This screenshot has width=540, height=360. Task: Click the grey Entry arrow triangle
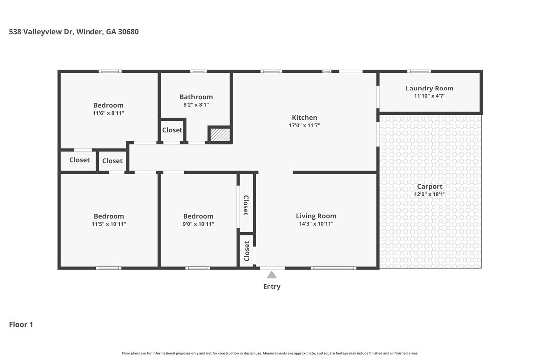pyautogui.click(x=271, y=275)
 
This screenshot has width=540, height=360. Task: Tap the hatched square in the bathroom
pyautogui.click(x=220, y=135)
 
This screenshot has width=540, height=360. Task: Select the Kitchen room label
pyautogui.click(x=304, y=118)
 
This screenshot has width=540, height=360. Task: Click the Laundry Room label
pyautogui.click(x=430, y=88)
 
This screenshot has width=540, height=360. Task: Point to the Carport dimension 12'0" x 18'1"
pyautogui.click(x=430, y=194)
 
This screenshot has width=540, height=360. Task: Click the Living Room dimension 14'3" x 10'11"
pyautogui.click(x=316, y=224)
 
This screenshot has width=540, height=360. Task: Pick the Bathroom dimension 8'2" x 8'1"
pyautogui.click(x=196, y=105)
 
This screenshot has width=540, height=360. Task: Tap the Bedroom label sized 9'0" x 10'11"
pyautogui.click(x=198, y=216)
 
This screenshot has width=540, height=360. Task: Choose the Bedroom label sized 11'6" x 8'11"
pyautogui.click(x=108, y=105)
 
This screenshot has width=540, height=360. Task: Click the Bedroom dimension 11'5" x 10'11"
pyautogui.click(x=109, y=224)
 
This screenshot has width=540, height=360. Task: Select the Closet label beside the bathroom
pyautogui.click(x=172, y=130)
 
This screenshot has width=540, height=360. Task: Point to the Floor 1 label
pyautogui.click(x=21, y=324)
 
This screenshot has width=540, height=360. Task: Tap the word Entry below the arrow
pyautogui.click(x=271, y=286)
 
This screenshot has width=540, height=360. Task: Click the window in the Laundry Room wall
pyautogui.click(x=419, y=71)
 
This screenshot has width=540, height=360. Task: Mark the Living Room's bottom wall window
pyautogui.click(x=333, y=268)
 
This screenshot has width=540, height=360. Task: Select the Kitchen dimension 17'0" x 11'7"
pyautogui.click(x=304, y=125)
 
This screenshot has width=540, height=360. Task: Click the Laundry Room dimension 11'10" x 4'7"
pyautogui.click(x=430, y=96)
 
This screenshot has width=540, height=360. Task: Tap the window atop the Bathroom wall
pyautogui.click(x=199, y=71)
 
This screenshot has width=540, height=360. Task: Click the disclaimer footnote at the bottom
pyautogui.click(x=270, y=353)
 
